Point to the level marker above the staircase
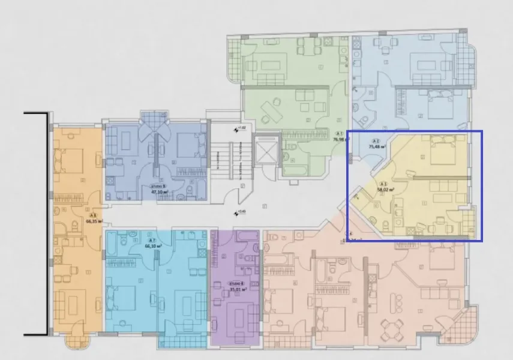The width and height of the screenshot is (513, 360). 238,128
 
